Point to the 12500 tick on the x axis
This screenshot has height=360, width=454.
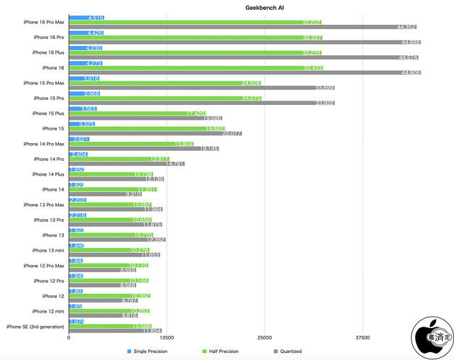pyautogui.click(x=167, y=338)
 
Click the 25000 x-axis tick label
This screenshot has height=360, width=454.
pyautogui.click(x=265, y=338)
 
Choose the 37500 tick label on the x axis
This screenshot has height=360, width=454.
pyautogui.click(x=362, y=338)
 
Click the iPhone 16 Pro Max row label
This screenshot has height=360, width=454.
pyautogui.click(x=43, y=22)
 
